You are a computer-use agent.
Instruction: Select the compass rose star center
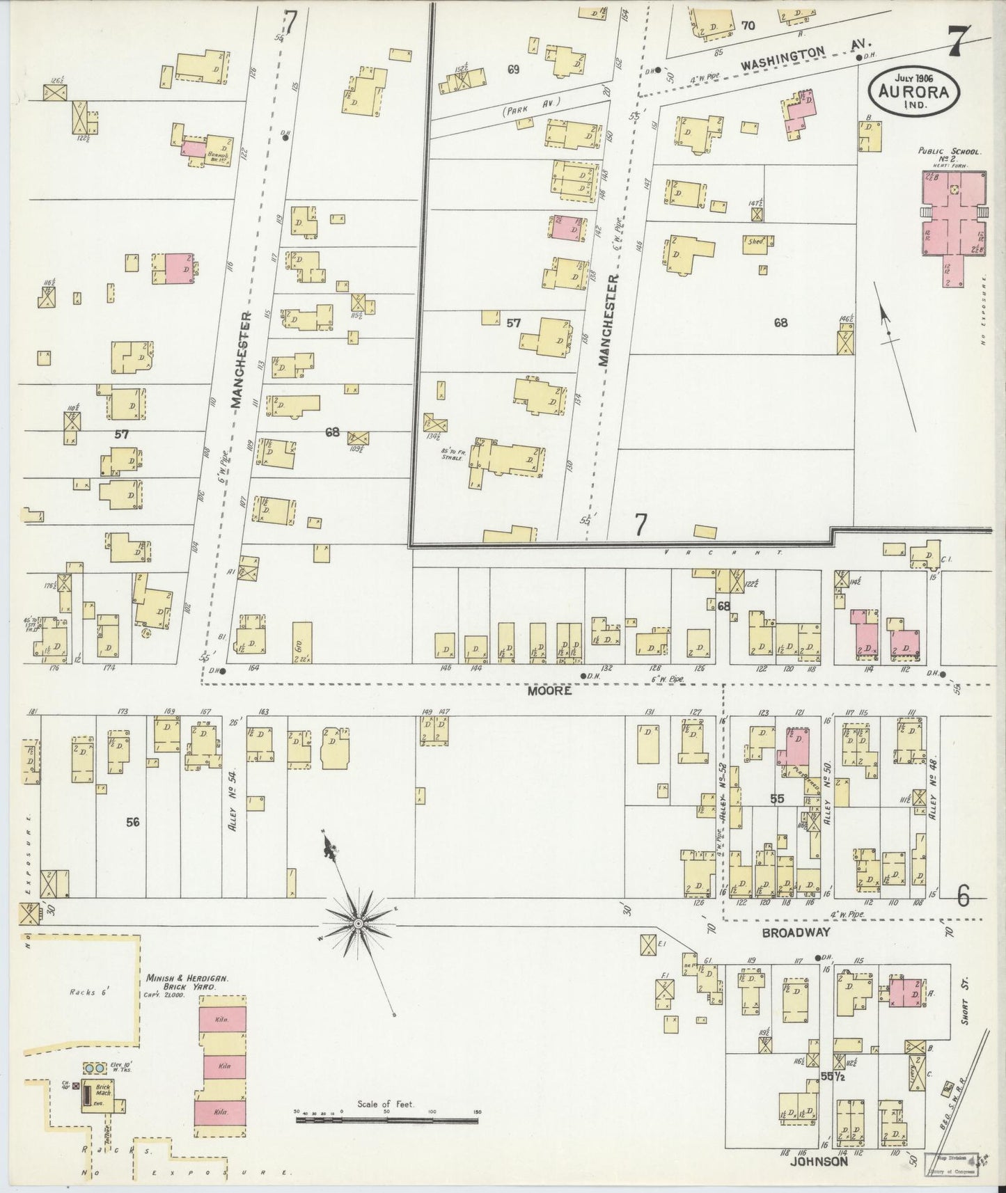tap(357, 923)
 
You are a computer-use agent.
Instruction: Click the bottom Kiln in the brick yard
tap(222, 1113)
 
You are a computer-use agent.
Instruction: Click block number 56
tap(133, 822)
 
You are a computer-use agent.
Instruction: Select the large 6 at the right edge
tap(963, 897)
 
